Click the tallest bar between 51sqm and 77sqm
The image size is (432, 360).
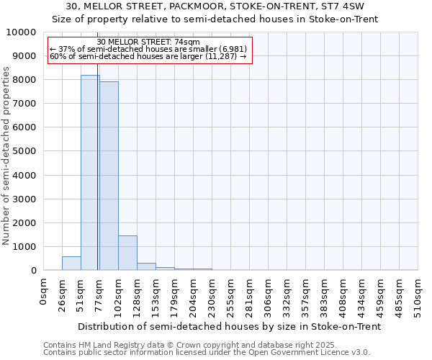(x=90, y=173)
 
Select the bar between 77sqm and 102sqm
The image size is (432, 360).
(x=109, y=176)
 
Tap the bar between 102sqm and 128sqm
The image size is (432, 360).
(x=127, y=253)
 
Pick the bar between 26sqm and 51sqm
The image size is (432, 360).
(x=71, y=264)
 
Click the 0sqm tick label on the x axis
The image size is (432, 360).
(x=44, y=291)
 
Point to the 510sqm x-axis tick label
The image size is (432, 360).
(x=418, y=294)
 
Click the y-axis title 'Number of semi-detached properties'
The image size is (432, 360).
(x=7, y=156)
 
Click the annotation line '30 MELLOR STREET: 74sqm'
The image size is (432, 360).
(x=148, y=42)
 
